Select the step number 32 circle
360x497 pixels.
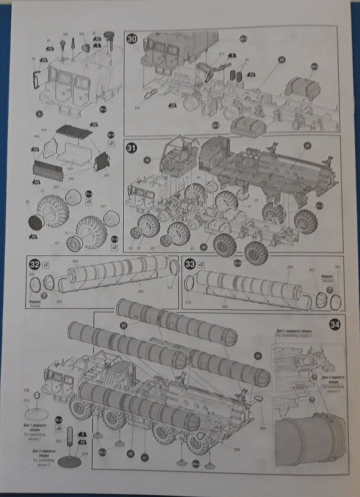pos(35,264)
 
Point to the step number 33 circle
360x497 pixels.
pos(190,264)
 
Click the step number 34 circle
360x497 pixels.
pos(334,324)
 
